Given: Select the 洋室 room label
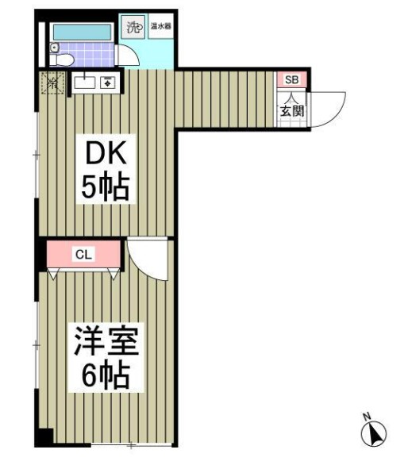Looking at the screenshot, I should click(x=106, y=344).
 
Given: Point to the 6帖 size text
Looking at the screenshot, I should click(x=106, y=376).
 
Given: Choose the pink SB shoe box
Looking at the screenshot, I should click(x=291, y=79).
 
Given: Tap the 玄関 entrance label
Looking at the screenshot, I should click(x=291, y=111).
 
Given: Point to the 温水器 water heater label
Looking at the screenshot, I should click(x=162, y=27).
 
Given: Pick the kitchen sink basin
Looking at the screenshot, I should click(x=84, y=81).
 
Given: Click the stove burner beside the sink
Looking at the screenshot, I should click(x=107, y=81).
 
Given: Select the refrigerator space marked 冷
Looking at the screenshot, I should click(x=53, y=81).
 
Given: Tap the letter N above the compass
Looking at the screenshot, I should click(x=367, y=416).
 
